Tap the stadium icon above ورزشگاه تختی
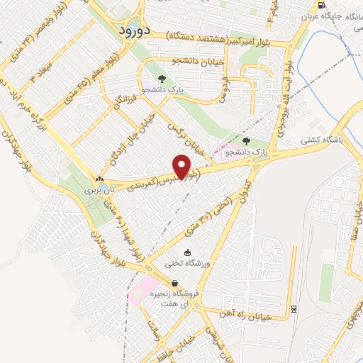click(187, 252)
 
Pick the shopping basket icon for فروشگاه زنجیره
click(174, 283)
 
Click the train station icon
click(293, 308)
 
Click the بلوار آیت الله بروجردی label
click(281, 106)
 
